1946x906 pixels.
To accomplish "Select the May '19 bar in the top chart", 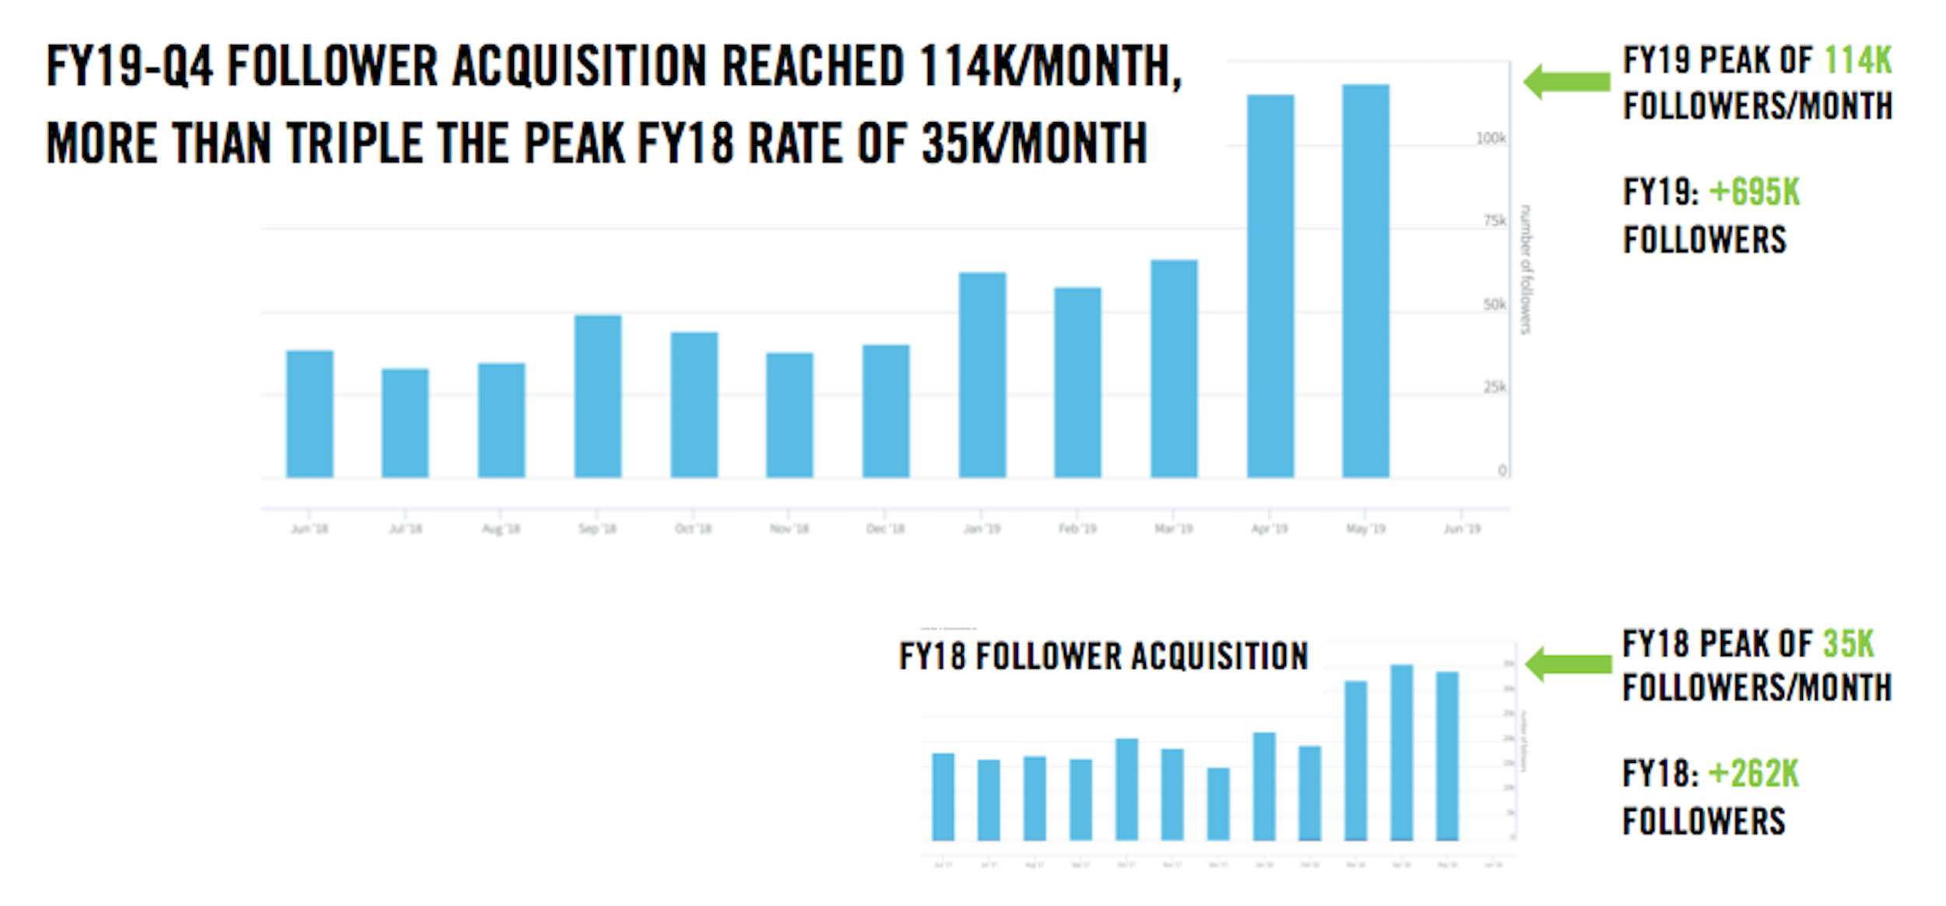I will pyautogui.click(x=1365, y=280).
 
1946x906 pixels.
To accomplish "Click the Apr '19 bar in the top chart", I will pyautogui.click(x=1270, y=286).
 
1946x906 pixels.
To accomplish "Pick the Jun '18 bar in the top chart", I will pyautogui.click(x=310, y=413).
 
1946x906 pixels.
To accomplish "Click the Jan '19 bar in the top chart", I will pyautogui.click(x=982, y=374).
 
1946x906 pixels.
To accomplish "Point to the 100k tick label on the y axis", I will pyautogui.click(x=1491, y=139).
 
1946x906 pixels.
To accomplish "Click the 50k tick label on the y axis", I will pyautogui.click(x=1494, y=304).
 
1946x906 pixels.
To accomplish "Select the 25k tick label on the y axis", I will pyautogui.click(x=1494, y=387).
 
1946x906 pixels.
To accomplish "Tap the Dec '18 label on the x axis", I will pyautogui.click(x=885, y=528).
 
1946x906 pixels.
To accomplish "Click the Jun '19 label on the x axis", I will pyautogui.click(x=1462, y=528).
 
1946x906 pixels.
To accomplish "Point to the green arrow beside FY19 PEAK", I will pyautogui.click(x=1566, y=82).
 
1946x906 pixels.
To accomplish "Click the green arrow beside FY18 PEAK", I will pyautogui.click(x=1568, y=664).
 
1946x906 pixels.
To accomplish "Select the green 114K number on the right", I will pyautogui.click(x=1857, y=61).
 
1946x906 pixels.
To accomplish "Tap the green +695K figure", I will pyautogui.click(x=1754, y=192).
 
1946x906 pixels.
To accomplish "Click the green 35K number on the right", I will pyautogui.click(x=1848, y=644).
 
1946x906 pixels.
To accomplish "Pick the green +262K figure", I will pyautogui.click(x=1753, y=774).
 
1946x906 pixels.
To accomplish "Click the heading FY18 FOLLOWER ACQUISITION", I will pyautogui.click(x=1103, y=656).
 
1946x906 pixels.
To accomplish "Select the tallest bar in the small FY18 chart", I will pyautogui.click(x=1402, y=752).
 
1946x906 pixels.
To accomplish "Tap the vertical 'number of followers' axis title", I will pyautogui.click(x=1526, y=269).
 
